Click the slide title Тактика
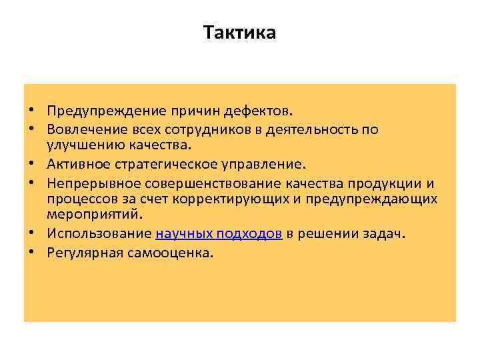[x=239, y=33]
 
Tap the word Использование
[x=99, y=233]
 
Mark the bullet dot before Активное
[x=31, y=163]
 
